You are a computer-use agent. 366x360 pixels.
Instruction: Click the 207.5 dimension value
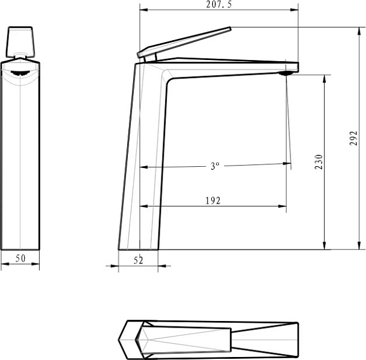(219, 5)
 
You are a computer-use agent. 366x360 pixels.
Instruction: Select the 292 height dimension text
(353, 138)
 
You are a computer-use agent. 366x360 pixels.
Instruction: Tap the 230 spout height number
(319, 162)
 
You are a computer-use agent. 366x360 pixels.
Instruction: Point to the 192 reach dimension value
(213, 201)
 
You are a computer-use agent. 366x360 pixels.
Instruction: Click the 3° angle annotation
(215, 166)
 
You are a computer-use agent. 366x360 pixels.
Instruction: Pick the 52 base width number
(138, 260)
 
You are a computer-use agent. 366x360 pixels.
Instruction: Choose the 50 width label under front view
(20, 259)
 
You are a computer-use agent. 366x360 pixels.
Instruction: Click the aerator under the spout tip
(285, 74)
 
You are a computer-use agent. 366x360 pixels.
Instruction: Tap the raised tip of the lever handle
(230, 28)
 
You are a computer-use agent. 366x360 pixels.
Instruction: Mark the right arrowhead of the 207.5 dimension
(294, 10)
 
